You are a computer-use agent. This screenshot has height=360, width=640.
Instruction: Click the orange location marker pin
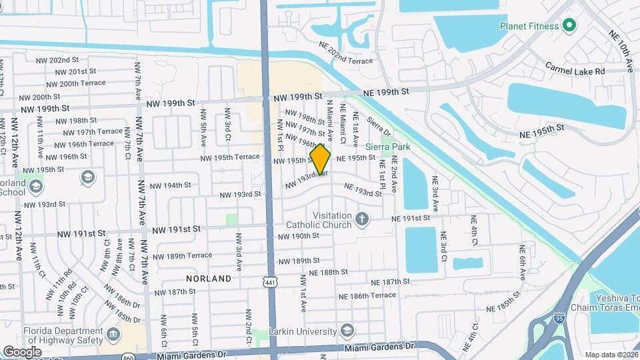[320, 159]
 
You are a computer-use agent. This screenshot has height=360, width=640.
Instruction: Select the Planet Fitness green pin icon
[569, 26]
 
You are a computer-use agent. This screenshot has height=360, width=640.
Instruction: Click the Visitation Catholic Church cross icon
[361, 219]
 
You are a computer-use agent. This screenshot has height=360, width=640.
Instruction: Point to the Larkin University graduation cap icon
[347, 331]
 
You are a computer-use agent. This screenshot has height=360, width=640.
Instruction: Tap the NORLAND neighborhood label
[209, 278]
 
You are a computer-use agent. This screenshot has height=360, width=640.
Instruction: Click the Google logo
[22, 351]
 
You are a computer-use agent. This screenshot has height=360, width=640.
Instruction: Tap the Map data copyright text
[611, 355]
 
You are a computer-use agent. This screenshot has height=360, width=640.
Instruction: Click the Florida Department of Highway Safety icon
[113, 333]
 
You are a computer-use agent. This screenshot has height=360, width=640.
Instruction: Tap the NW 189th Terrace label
[183, 255]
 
